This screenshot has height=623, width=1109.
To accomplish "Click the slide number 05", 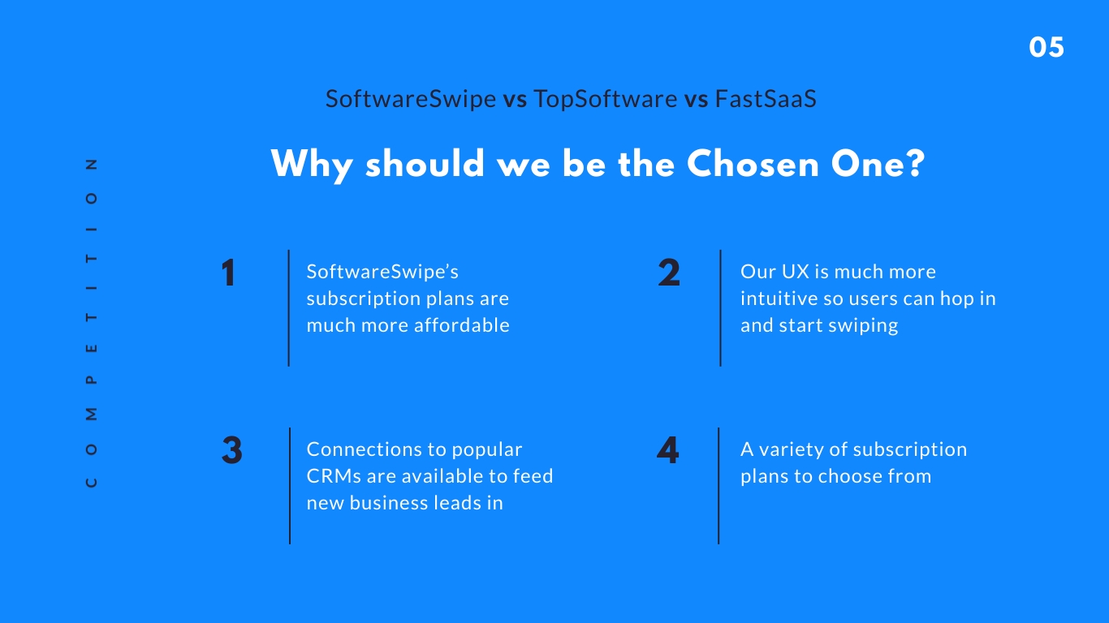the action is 1046,48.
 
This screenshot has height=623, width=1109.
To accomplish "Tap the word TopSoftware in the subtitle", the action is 605,99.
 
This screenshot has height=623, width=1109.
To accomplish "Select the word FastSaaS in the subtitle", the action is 766,98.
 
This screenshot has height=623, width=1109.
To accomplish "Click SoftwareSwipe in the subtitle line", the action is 411,99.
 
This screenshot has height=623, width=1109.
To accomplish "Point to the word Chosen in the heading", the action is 753,164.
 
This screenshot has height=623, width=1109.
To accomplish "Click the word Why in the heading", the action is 312,165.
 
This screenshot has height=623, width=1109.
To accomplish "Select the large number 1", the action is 228,273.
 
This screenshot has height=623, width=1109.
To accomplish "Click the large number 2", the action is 669,273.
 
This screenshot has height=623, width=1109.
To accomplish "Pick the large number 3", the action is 231,450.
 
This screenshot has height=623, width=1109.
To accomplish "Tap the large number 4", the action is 667,450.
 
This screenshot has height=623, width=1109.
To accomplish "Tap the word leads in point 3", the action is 455,503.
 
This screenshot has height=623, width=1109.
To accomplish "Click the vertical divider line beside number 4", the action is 718,486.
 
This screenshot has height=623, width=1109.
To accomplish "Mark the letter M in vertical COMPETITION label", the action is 91,415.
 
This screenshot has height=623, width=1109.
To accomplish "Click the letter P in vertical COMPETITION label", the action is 91,380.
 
